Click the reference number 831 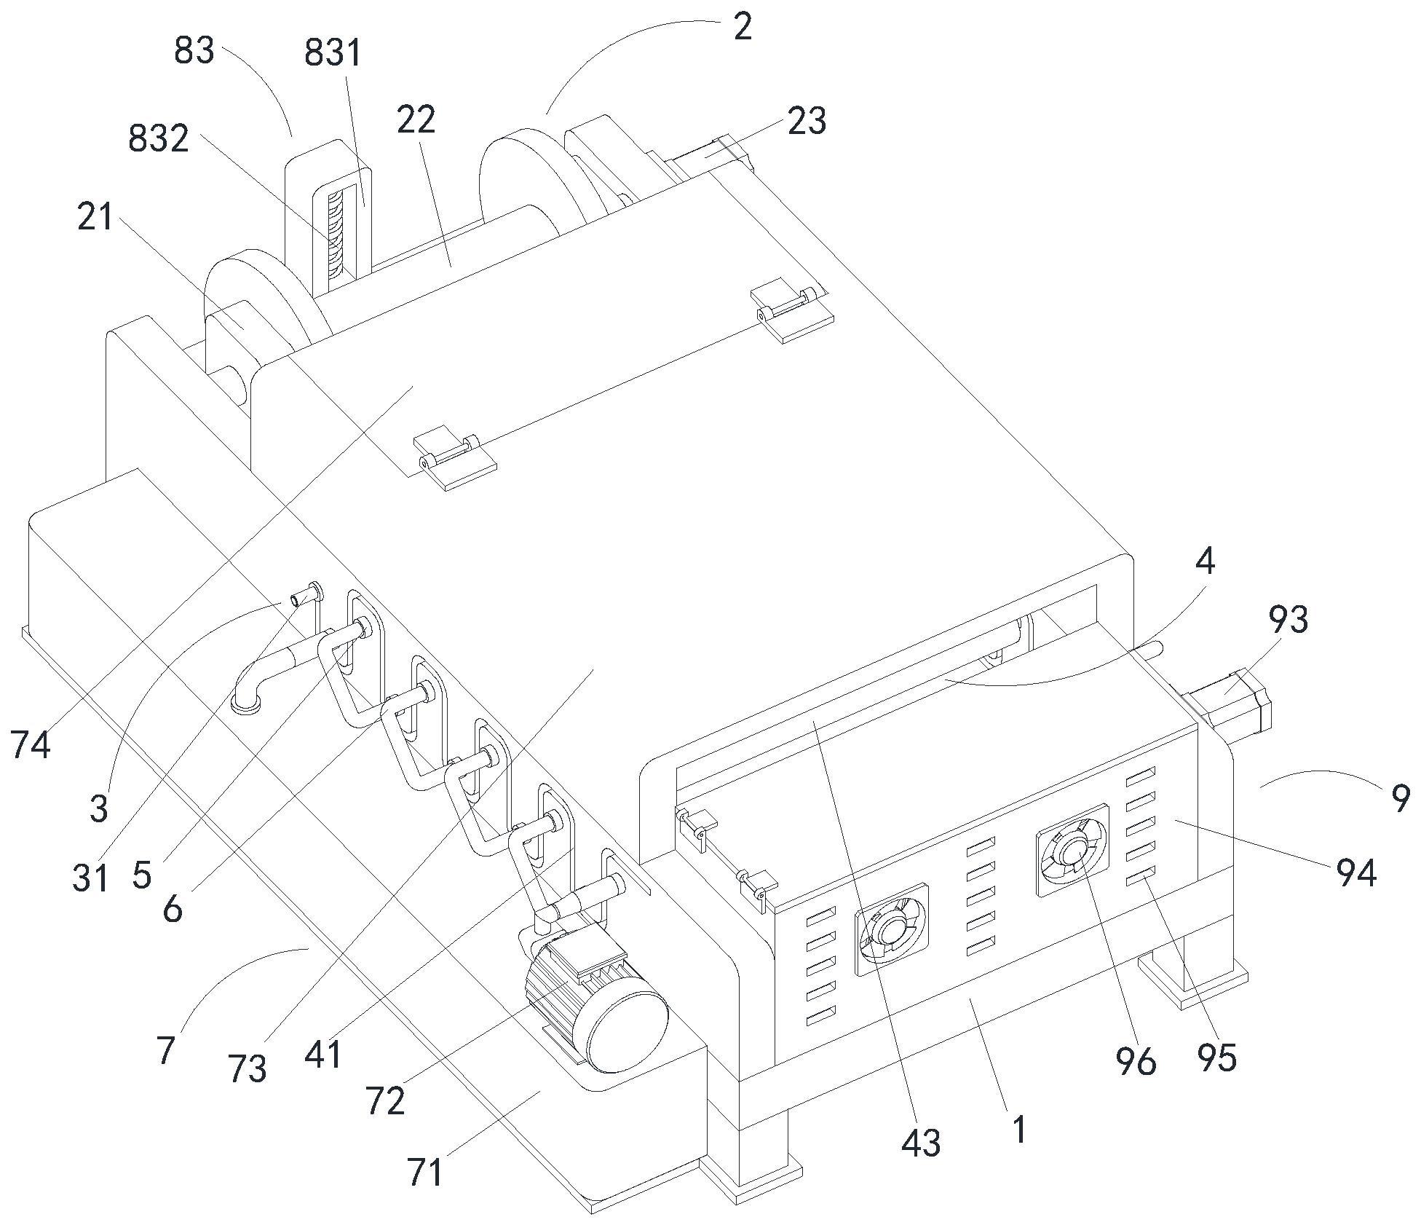pos(333,54)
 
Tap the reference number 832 pos(158,138)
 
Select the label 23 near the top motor pos(807,122)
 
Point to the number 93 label pos(1288,620)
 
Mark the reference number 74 pos(31,745)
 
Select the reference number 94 pos(1355,873)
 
